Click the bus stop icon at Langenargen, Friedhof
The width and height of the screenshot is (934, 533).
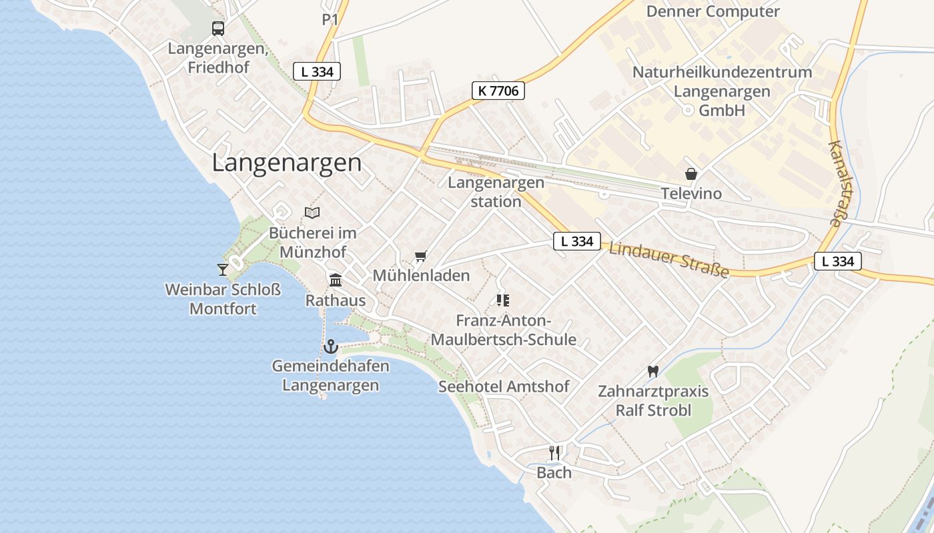point(218,29)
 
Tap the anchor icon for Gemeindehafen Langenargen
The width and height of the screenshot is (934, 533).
point(330,346)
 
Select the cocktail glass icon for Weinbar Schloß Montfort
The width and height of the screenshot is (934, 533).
point(223,269)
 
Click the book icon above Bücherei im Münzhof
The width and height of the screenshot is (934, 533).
point(312,213)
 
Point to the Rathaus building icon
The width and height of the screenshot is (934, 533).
point(336,280)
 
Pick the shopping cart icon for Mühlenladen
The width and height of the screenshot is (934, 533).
point(420,256)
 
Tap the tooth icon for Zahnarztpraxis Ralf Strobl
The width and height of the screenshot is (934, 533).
point(652,371)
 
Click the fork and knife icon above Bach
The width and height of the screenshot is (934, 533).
point(554,453)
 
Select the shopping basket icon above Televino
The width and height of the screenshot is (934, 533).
point(691,174)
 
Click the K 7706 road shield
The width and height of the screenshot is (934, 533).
point(498,91)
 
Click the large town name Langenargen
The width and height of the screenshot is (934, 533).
point(287,163)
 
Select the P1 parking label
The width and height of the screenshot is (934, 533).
point(330,20)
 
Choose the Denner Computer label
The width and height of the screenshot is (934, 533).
point(713,11)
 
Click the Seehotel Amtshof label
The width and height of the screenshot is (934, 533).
point(504,386)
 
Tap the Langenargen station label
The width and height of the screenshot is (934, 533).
point(496,192)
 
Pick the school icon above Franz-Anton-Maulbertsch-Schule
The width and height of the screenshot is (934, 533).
point(503,300)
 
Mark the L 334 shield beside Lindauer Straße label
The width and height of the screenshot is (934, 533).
point(577,241)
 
